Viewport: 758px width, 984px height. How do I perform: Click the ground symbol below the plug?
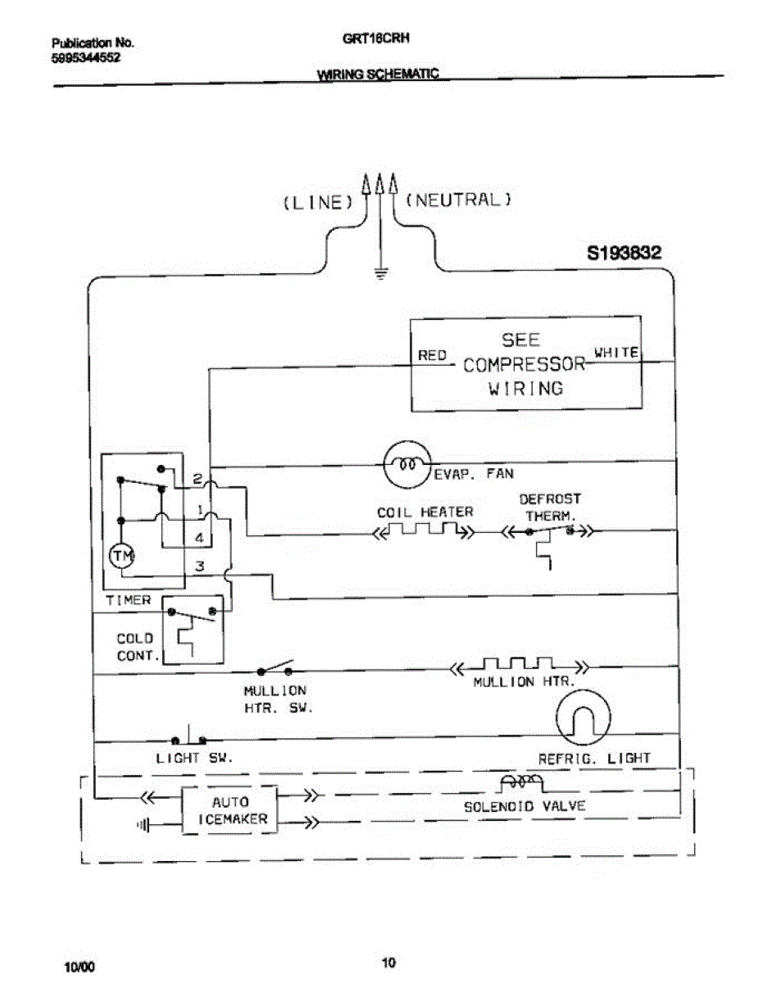tap(380, 274)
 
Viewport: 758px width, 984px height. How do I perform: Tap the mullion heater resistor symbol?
tap(520, 664)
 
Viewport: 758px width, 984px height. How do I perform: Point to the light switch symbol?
tap(188, 737)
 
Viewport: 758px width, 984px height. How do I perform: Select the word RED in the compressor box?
tap(432, 355)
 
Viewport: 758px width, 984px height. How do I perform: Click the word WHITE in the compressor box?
tap(616, 352)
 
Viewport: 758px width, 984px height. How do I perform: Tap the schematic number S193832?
tap(624, 254)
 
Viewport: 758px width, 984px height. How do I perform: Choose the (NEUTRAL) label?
tap(459, 199)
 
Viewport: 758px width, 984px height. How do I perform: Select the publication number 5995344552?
tap(86, 57)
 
